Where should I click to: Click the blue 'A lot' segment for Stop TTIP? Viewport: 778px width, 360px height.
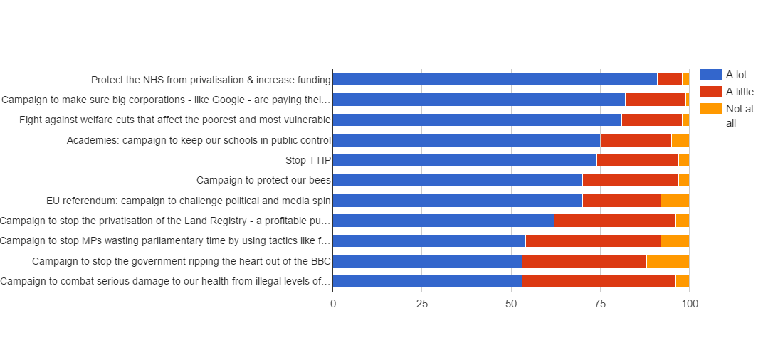464,159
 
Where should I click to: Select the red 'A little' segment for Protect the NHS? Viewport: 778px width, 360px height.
669,79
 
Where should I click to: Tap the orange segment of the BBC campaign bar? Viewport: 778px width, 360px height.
667,261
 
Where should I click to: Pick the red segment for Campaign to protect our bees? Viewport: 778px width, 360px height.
630,180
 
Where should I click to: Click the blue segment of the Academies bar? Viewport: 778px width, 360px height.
466,139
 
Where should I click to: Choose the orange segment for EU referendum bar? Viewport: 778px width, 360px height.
674,200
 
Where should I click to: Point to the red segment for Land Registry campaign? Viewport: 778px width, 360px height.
614,221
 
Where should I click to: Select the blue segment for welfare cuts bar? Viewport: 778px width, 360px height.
477,120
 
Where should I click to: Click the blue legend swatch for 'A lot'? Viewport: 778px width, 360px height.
710,75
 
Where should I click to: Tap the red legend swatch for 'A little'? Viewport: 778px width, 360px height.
710,92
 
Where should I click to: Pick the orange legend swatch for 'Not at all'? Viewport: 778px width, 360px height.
710,109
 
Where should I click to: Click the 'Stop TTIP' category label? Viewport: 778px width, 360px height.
308,160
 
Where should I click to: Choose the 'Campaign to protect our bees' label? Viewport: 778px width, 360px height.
263,180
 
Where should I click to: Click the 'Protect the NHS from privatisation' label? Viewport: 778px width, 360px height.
211,80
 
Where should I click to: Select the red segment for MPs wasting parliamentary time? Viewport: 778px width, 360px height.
592,240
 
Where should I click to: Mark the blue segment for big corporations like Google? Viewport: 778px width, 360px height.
478,100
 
